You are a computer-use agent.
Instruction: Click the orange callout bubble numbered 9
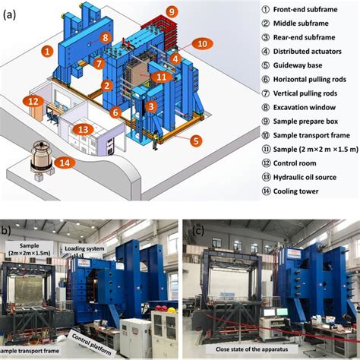click(172, 12)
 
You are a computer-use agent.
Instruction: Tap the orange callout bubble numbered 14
click(65, 163)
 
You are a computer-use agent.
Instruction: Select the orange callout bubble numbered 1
click(47, 52)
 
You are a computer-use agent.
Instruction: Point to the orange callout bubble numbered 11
click(162, 77)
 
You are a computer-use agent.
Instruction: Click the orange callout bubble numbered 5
click(196, 141)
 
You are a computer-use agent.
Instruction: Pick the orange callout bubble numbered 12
click(33, 102)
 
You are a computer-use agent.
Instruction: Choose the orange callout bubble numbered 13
click(84, 130)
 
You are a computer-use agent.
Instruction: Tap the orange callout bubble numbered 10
click(202, 44)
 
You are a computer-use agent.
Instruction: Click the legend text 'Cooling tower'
click(295, 191)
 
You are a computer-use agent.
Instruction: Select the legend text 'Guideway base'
click(298, 65)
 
